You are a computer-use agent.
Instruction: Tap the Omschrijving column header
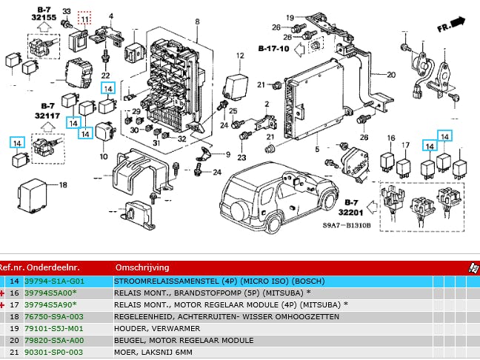(142, 267)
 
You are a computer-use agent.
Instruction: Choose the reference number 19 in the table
(14, 328)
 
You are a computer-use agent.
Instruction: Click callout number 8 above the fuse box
(198, 21)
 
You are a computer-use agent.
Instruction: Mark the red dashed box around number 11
(84, 17)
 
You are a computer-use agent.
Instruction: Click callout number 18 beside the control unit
(63, 184)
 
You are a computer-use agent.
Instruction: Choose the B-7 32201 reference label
(353, 206)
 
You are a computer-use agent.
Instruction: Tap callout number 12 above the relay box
(240, 56)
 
